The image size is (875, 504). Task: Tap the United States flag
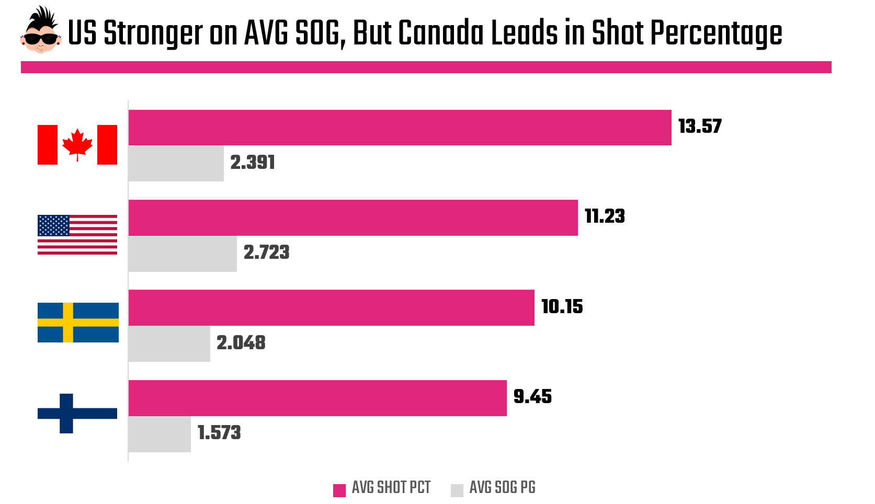(x=77, y=235)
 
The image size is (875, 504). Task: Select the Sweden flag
(x=78, y=323)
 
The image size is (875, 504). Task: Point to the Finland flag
(x=77, y=413)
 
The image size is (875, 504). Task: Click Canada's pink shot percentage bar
(x=400, y=128)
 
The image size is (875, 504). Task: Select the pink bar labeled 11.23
(x=353, y=217)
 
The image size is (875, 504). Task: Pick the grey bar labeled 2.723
(x=183, y=254)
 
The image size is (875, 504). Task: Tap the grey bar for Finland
(x=160, y=434)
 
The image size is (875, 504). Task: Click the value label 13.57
(x=700, y=127)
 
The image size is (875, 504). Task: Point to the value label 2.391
(x=253, y=163)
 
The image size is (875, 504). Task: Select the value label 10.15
(x=562, y=307)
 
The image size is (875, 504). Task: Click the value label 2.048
(x=241, y=343)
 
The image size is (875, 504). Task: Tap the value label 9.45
(x=532, y=397)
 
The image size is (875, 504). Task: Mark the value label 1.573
(x=219, y=433)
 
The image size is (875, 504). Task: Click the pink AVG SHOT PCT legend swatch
(x=339, y=490)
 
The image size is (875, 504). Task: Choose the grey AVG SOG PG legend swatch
(x=457, y=490)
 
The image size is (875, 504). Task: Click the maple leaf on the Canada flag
(x=77, y=143)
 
